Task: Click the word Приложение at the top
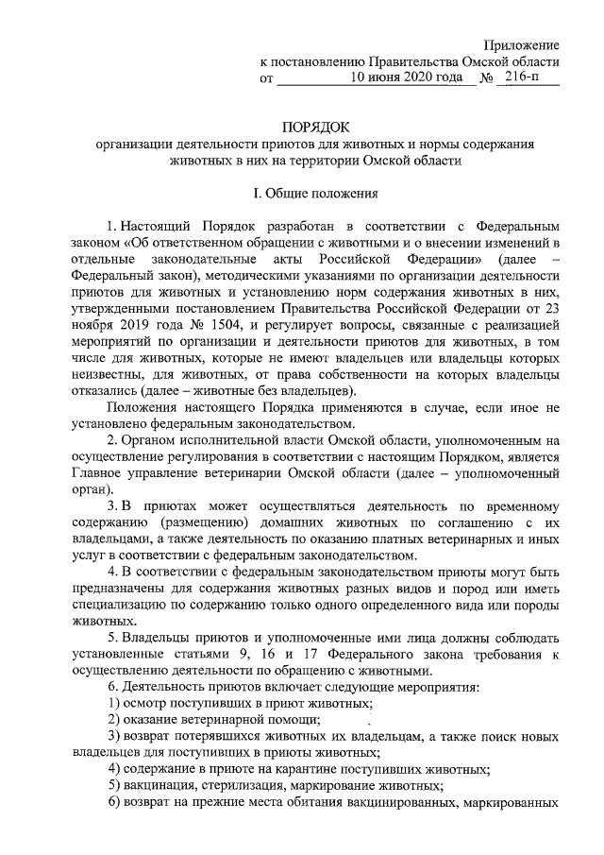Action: click(x=522, y=45)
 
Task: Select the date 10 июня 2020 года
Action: click(x=409, y=78)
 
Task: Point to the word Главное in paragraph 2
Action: click(x=95, y=470)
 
